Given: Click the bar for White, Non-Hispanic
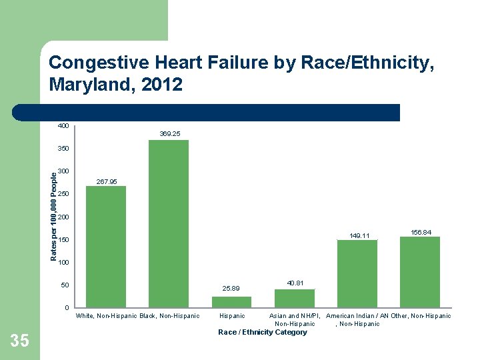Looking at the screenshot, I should tap(106, 246).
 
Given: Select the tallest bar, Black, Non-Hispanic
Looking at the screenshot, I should tap(169, 223).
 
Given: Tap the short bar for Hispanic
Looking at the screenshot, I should tap(231, 301).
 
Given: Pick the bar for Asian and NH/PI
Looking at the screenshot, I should tap(294, 298).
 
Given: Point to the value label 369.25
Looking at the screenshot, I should tap(169, 134).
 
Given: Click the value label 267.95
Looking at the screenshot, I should tap(107, 181).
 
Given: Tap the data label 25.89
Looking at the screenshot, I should tap(231, 289).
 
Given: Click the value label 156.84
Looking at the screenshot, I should tap(421, 232).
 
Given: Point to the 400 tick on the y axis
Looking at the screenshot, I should tap(63, 126).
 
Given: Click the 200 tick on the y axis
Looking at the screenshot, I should tap(63, 217).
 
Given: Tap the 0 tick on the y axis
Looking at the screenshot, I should tap(67, 308).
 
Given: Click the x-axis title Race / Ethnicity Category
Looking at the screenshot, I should tap(263, 332).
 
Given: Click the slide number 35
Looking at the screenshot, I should tap(20, 341).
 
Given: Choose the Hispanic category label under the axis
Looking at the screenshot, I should tap(232, 316).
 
